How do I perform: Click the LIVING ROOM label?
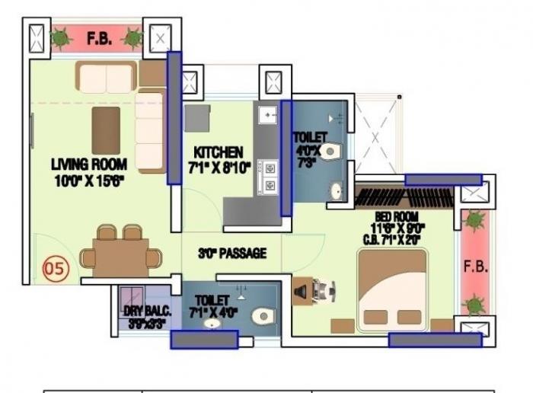coord(88,164)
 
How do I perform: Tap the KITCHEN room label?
coord(218,152)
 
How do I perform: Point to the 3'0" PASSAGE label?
coord(232,253)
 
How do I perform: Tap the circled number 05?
coord(53,267)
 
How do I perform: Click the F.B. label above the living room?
coord(99,38)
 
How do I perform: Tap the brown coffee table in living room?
coord(106,130)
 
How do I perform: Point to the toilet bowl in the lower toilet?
coord(263,314)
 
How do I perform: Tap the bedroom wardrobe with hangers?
coord(404,196)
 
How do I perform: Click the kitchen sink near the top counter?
coord(266,116)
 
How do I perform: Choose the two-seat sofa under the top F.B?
coord(106,78)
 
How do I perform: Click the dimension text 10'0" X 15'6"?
coord(88,180)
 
